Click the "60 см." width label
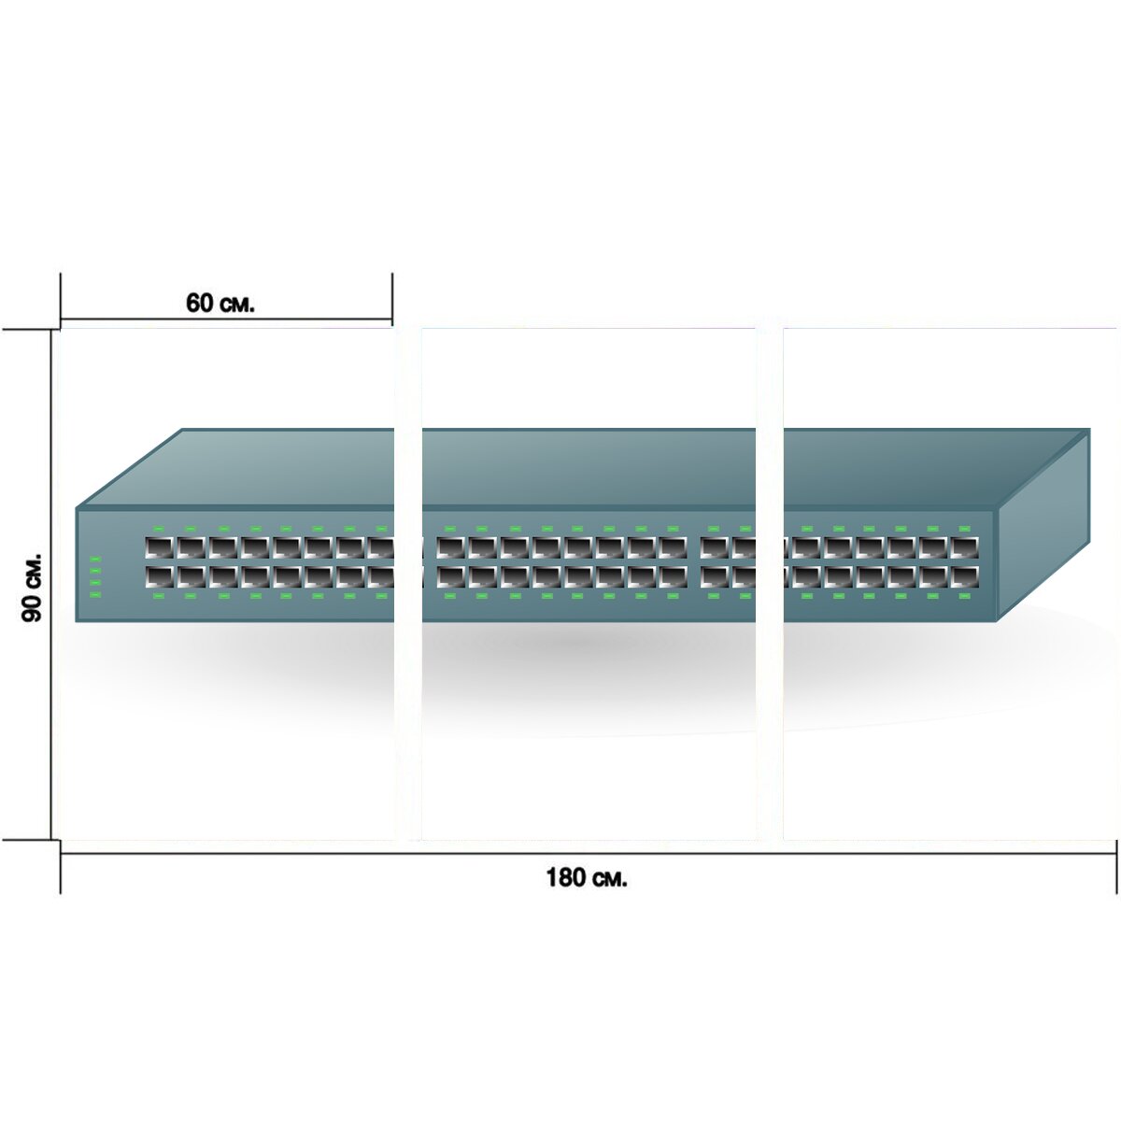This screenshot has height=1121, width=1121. (x=220, y=303)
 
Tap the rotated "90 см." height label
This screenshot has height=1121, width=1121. (x=32, y=587)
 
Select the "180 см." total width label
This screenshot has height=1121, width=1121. (x=587, y=876)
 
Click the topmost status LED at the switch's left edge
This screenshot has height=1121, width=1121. (x=95, y=559)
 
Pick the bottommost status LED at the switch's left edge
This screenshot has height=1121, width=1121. (x=95, y=594)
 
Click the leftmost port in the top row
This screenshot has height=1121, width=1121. (x=159, y=547)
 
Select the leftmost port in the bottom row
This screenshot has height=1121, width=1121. (x=159, y=576)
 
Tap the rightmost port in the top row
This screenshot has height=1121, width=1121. (x=964, y=547)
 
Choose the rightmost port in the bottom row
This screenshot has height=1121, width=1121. (x=964, y=576)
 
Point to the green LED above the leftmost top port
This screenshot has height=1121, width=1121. (x=159, y=528)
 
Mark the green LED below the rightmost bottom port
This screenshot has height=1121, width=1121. (x=964, y=596)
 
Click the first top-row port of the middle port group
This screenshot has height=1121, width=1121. (x=451, y=547)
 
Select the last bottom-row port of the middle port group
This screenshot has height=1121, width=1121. (x=673, y=576)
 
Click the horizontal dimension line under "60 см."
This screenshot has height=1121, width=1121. (x=226, y=319)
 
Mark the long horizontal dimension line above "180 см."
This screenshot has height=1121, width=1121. (x=589, y=854)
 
